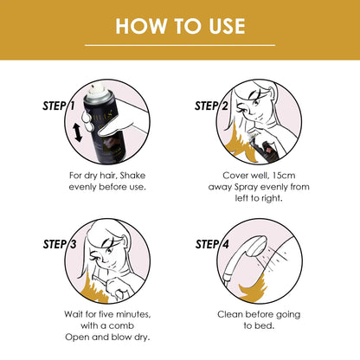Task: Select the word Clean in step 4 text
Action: [x=231, y=315]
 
